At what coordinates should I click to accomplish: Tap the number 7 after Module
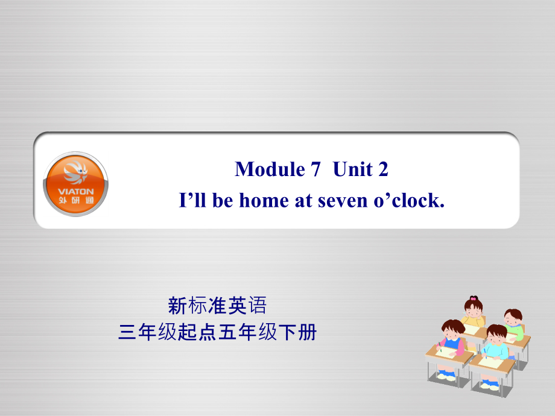(x=315, y=169)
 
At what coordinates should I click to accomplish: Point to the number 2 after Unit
(x=382, y=169)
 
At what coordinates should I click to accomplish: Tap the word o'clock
(x=409, y=201)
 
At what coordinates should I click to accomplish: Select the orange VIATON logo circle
(x=76, y=184)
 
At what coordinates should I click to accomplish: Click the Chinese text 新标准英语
(x=217, y=307)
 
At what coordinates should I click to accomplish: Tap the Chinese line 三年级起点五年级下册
(x=217, y=332)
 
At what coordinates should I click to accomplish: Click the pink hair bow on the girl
(x=474, y=298)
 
